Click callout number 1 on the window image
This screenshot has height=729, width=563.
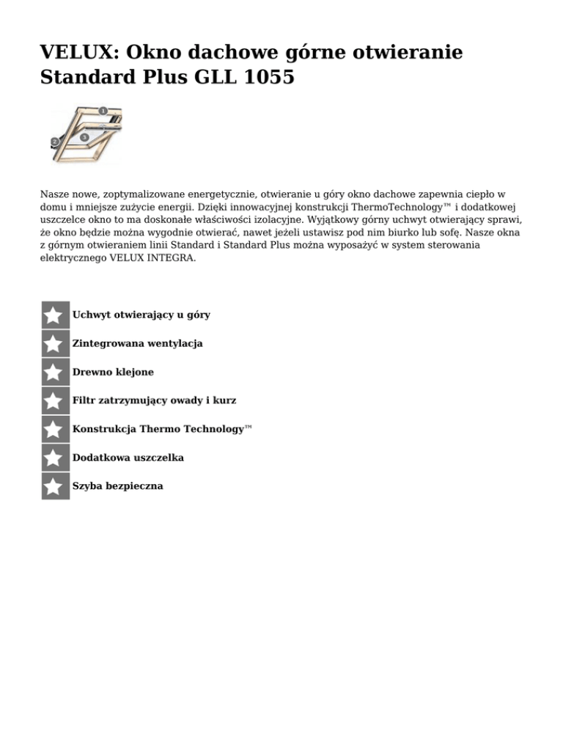click(x=103, y=111)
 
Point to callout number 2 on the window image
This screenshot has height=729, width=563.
click(x=54, y=141)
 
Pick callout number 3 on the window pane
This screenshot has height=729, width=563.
click(x=86, y=137)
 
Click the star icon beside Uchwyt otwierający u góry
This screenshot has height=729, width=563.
click(x=54, y=315)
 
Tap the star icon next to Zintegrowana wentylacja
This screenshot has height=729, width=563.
click(x=54, y=343)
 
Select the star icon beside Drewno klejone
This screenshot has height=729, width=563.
click(x=54, y=372)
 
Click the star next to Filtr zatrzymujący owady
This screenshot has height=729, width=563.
click(x=54, y=400)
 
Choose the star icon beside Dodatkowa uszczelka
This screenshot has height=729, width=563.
click(x=54, y=458)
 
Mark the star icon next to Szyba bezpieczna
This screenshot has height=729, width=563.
click(x=54, y=486)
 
